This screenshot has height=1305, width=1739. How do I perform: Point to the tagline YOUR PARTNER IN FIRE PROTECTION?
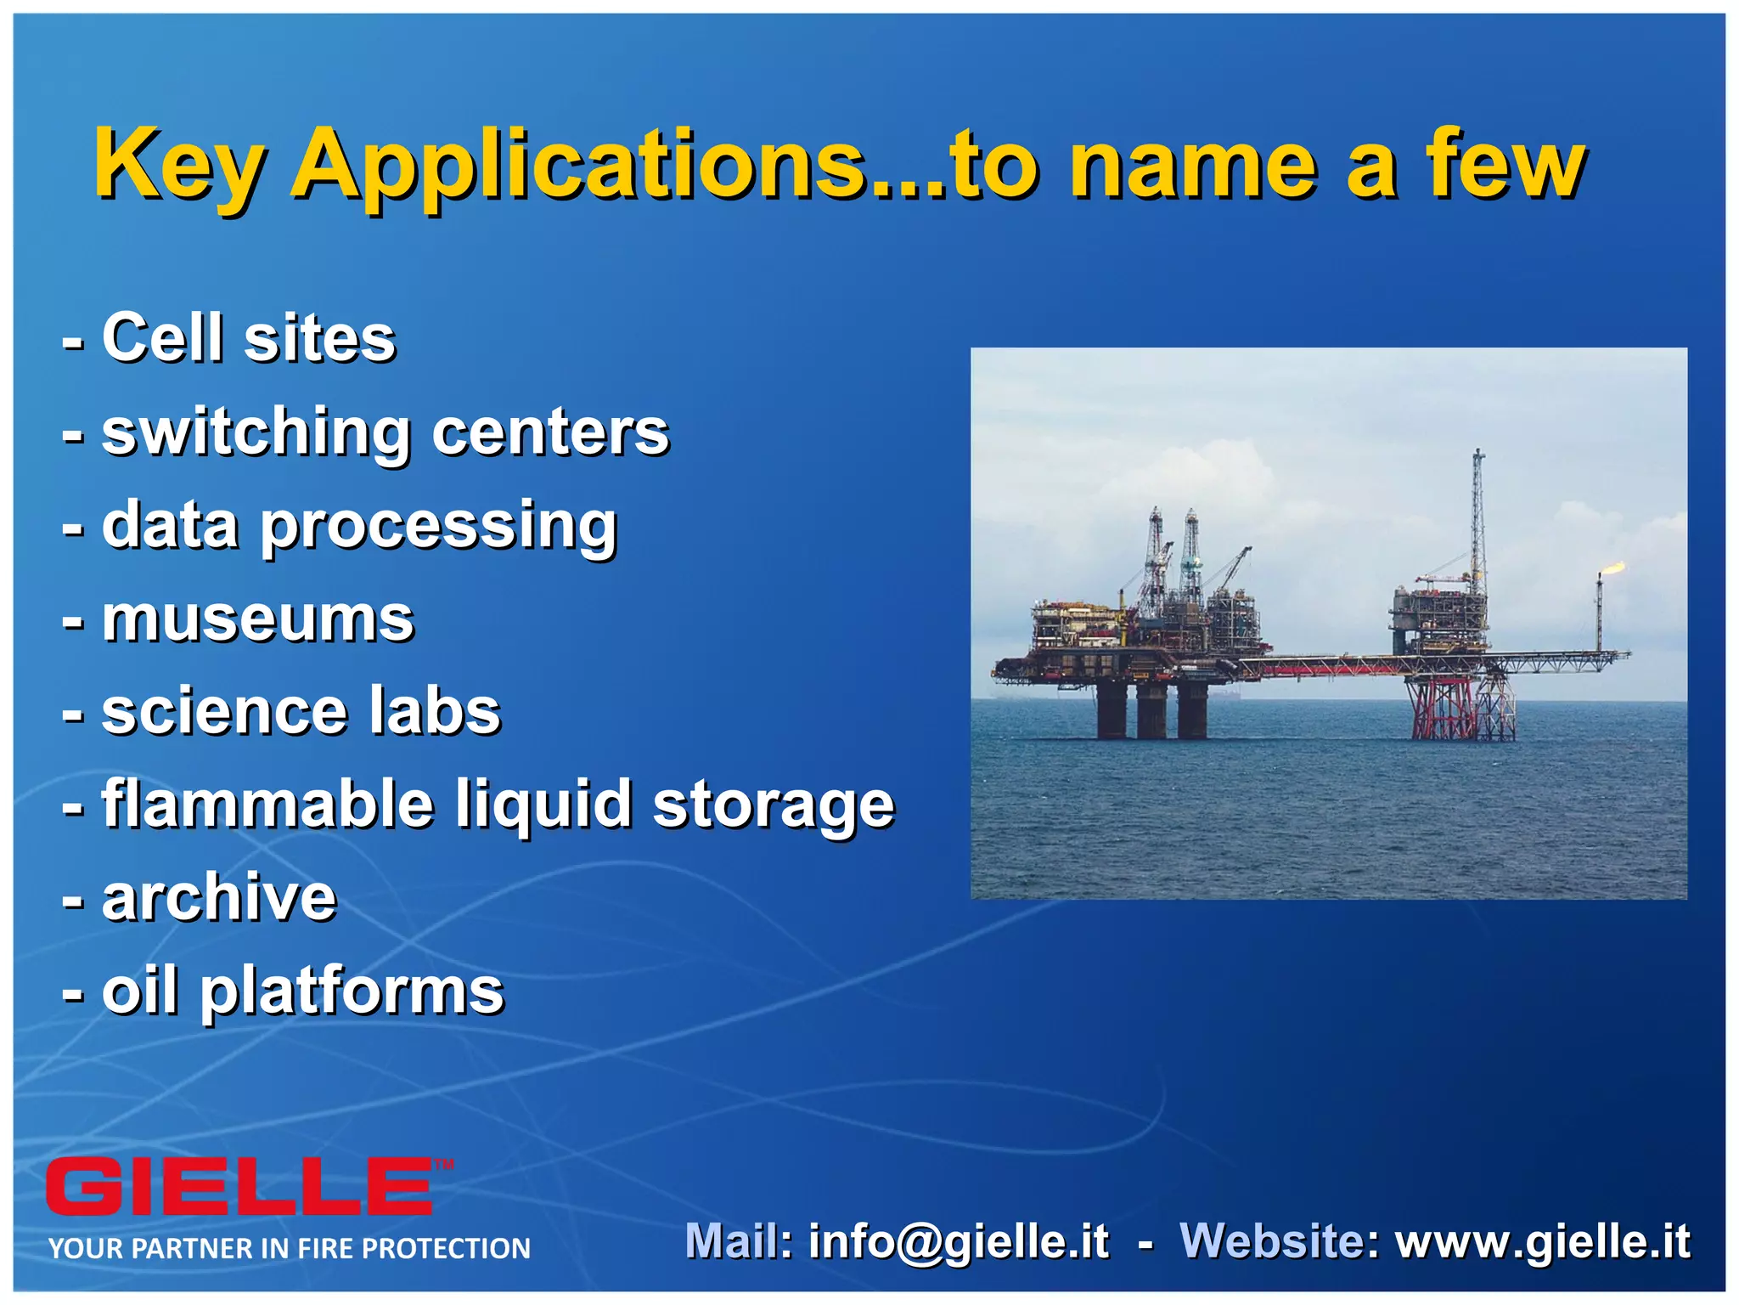tap(289, 1249)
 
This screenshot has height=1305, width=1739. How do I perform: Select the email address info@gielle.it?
tap(958, 1241)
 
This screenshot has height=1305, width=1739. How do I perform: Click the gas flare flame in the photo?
tap(1612, 568)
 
